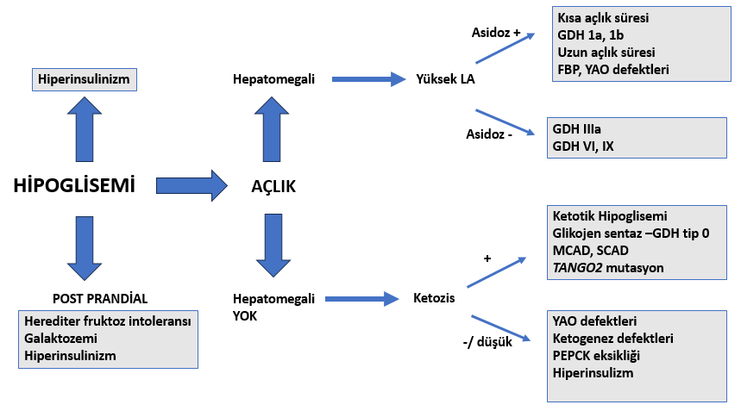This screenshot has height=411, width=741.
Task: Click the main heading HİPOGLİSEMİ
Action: pyautogui.click(x=74, y=185)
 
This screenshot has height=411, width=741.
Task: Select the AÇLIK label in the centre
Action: pyautogui.click(x=273, y=186)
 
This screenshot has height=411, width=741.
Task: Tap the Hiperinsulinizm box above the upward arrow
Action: pyautogui.click(x=85, y=79)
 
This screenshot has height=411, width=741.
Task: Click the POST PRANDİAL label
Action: pyautogui.click(x=100, y=299)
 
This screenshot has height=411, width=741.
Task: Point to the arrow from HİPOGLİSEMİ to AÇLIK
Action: pyautogui.click(x=192, y=185)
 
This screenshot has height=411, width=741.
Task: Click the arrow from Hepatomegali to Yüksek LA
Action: pyautogui.click(x=368, y=79)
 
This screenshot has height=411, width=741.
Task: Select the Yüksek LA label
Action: pyautogui.click(x=445, y=79)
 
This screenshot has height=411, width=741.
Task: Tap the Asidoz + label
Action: pyautogui.click(x=496, y=33)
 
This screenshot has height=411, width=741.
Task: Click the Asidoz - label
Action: pyautogui.click(x=489, y=134)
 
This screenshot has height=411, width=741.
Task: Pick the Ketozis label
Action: pyautogui.click(x=434, y=298)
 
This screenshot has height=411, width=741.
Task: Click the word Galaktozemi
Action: pyautogui.click(x=60, y=339)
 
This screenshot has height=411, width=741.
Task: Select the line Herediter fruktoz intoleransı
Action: pyautogui.click(x=108, y=321)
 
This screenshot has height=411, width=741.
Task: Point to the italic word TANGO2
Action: pyautogui.click(x=577, y=268)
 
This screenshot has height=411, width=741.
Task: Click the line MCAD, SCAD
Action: pyautogui.click(x=590, y=251)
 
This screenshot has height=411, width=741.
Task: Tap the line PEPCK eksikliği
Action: pyautogui.click(x=596, y=356)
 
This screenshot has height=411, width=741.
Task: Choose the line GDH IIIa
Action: pyautogui.click(x=576, y=129)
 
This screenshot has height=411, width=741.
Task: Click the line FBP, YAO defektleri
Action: pyautogui.click(x=613, y=70)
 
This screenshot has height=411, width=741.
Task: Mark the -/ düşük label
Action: pyautogui.click(x=487, y=341)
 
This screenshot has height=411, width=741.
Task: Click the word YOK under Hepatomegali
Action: pyautogui.click(x=245, y=316)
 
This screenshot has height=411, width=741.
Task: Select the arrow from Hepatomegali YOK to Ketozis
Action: pyautogui.click(x=362, y=299)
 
